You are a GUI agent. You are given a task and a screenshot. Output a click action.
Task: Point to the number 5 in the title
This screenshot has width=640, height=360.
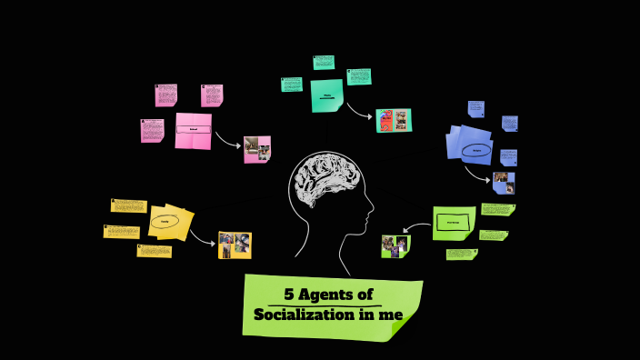click(289, 295)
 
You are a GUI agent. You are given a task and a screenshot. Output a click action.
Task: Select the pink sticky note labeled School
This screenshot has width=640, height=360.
click(193, 130)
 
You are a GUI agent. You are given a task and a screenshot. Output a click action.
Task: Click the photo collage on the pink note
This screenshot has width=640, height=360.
click(257, 149)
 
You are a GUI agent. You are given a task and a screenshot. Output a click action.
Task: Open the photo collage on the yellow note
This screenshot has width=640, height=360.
click(235, 245)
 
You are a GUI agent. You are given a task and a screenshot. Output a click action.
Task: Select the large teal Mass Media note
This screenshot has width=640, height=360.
click(327, 95)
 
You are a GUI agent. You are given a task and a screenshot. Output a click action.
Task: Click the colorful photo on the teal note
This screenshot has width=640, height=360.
click(394, 121)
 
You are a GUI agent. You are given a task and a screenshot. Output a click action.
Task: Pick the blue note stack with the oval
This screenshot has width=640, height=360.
click(470, 145)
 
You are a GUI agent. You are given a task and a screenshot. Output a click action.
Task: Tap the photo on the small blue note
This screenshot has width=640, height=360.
click(504, 183)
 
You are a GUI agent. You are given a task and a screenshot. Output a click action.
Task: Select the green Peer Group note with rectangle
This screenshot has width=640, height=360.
click(454, 222)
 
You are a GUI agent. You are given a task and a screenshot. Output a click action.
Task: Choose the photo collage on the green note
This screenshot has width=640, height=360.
click(395, 246)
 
